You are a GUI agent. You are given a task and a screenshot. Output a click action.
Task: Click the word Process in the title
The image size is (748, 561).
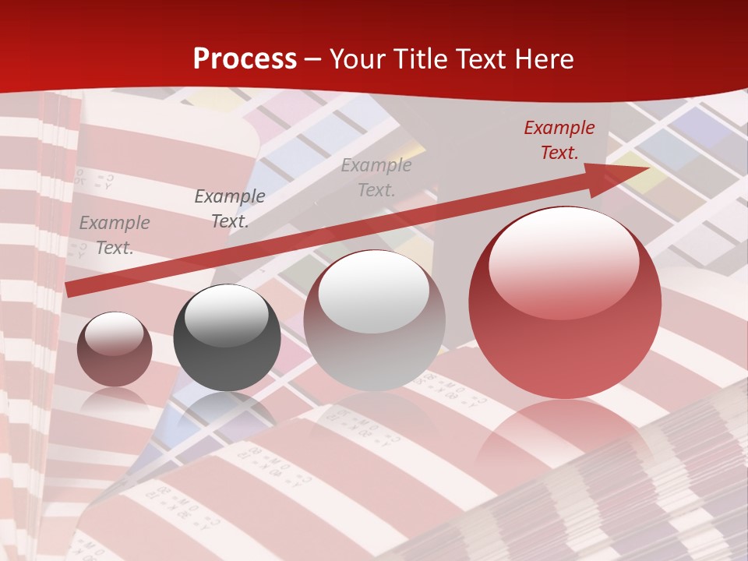coord(245,58)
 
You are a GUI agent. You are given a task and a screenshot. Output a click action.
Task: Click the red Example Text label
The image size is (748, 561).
coord(559,140)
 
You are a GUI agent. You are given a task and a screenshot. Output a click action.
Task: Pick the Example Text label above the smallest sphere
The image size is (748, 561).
coord(114,235)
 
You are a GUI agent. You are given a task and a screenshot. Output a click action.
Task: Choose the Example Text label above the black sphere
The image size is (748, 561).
coord(229,209)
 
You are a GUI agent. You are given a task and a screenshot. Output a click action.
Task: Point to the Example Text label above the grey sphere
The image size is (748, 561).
coord(376,178)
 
